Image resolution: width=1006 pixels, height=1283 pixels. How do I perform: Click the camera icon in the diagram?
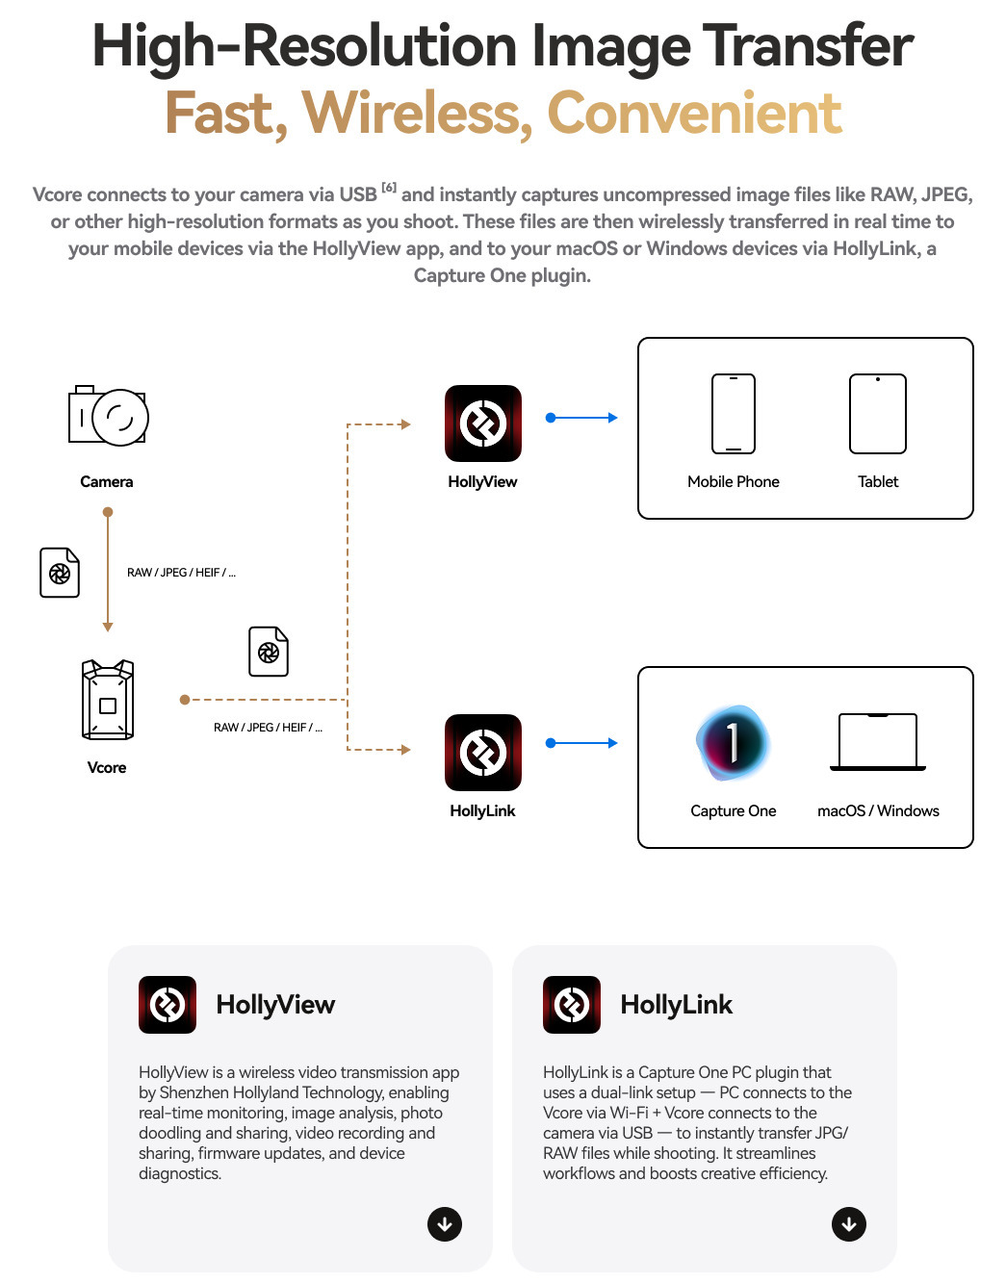(x=108, y=416)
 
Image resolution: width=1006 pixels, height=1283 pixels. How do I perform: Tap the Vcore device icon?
(x=108, y=700)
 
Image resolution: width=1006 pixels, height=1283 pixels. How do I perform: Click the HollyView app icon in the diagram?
(x=483, y=423)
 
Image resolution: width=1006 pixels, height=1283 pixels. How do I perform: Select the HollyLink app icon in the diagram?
(x=483, y=753)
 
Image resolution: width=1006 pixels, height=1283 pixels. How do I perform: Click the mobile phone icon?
(x=734, y=414)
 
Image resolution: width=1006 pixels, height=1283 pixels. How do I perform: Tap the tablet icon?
(x=878, y=414)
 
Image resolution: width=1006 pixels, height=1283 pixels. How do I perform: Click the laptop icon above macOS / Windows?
(x=878, y=742)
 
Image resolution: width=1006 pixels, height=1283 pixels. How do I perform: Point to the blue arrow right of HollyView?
(x=582, y=418)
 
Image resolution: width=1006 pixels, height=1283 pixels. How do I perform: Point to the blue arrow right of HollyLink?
(x=582, y=743)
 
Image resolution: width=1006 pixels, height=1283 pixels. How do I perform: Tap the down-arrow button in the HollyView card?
(x=445, y=1223)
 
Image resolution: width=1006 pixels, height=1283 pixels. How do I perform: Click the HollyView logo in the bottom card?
(x=168, y=1005)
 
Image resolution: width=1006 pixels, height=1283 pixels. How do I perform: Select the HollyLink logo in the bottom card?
(x=572, y=1005)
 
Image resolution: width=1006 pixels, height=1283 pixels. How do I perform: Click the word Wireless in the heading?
(x=418, y=114)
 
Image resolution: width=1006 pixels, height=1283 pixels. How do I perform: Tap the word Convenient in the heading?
(x=695, y=114)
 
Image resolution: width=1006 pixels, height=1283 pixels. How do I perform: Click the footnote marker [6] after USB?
(x=389, y=188)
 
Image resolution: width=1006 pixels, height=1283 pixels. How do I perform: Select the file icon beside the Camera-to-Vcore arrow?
(x=60, y=573)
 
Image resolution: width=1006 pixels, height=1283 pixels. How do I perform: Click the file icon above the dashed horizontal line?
(x=269, y=652)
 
